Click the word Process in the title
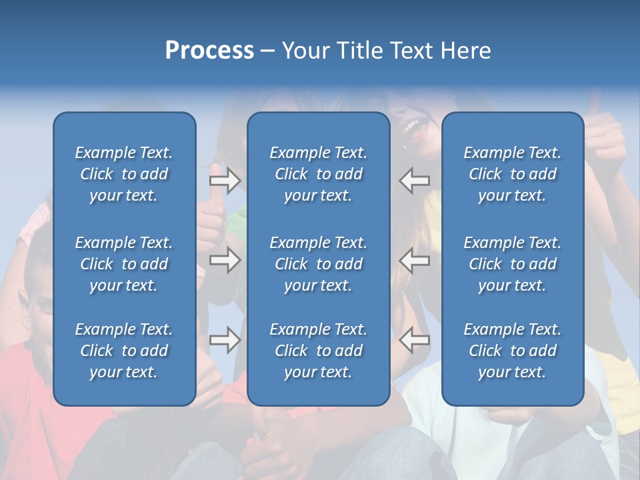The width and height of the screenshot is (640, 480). pyautogui.click(x=209, y=51)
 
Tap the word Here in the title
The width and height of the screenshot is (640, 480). pyautogui.click(x=465, y=51)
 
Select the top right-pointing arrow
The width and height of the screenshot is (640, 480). pyautogui.click(x=225, y=180)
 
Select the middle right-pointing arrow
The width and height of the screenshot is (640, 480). pyautogui.click(x=225, y=260)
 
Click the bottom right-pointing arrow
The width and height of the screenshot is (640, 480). pyautogui.click(x=225, y=340)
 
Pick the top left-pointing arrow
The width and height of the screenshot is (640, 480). pyautogui.click(x=415, y=180)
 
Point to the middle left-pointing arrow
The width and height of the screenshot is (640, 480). pyautogui.click(x=415, y=260)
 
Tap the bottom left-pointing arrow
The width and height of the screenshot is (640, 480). pyautogui.click(x=415, y=340)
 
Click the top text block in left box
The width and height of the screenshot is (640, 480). pyautogui.click(x=124, y=174)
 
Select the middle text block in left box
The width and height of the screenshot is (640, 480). pyautogui.click(x=124, y=264)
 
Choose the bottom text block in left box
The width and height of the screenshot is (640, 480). pyautogui.click(x=124, y=351)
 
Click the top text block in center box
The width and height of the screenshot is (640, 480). pyautogui.click(x=318, y=174)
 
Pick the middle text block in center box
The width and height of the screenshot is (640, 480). pyautogui.click(x=318, y=264)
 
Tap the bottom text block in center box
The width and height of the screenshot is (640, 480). pyautogui.click(x=318, y=351)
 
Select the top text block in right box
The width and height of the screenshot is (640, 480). pyautogui.click(x=512, y=174)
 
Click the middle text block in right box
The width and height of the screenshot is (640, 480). pyautogui.click(x=512, y=264)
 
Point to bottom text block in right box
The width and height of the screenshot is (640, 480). pyautogui.click(x=512, y=351)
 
